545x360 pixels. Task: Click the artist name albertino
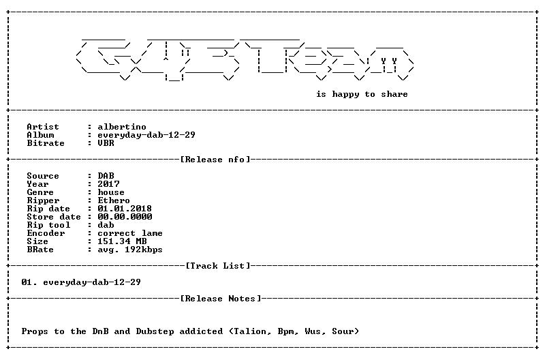[122, 127]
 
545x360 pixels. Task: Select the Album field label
[40, 135]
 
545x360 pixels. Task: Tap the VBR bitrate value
[106, 143]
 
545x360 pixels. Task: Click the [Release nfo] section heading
[215, 160]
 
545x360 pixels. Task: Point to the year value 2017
[108, 184]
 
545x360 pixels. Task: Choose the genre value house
[111, 192]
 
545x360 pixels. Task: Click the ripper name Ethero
[114, 200]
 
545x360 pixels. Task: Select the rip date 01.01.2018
[125, 209]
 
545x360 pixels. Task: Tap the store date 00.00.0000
[125, 217]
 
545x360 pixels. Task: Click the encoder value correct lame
[130, 233]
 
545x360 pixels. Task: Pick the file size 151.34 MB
[122, 241]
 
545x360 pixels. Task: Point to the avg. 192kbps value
[130, 250]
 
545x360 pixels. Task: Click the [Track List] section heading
[218, 266]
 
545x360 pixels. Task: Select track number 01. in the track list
[29, 282]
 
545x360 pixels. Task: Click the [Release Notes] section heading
[221, 299]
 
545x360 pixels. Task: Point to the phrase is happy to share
[362, 94]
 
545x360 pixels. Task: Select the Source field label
[43, 176]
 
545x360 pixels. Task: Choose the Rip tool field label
[48, 225]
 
